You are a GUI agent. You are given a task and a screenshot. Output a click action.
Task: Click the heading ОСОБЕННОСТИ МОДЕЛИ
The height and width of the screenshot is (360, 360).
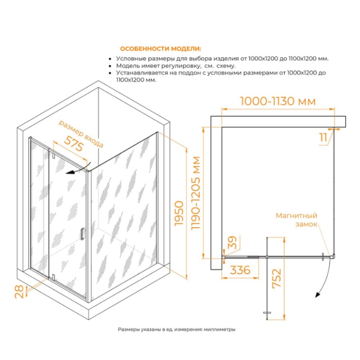[160, 49]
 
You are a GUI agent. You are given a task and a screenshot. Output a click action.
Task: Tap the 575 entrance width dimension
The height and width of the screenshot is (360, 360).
[74, 144]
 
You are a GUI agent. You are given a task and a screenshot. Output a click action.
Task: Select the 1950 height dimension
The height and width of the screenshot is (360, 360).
[179, 214]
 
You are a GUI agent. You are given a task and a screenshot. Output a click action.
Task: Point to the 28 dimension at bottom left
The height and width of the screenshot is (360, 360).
[19, 292]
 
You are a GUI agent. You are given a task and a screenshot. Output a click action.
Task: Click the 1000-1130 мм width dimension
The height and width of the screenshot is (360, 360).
[278, 101]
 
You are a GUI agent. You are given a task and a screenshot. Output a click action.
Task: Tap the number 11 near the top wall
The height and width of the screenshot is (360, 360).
[323, 137]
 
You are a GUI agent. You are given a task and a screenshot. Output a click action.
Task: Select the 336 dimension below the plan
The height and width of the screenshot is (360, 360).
[240, 270]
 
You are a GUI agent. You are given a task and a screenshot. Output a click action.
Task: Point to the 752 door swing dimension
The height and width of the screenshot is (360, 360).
[276, 278]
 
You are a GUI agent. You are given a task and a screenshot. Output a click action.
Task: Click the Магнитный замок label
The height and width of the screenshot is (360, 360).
[296, 220]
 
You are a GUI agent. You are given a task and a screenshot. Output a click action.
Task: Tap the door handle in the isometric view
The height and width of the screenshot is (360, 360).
[82, 234]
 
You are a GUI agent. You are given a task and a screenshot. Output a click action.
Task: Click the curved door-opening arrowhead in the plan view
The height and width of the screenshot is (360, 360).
[318, 295]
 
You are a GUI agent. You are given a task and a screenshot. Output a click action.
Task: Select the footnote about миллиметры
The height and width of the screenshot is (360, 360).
[176, 330]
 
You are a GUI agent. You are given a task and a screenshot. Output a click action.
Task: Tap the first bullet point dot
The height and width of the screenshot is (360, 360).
[111, 59]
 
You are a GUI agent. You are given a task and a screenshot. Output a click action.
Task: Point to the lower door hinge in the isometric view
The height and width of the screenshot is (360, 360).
[53, 277]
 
